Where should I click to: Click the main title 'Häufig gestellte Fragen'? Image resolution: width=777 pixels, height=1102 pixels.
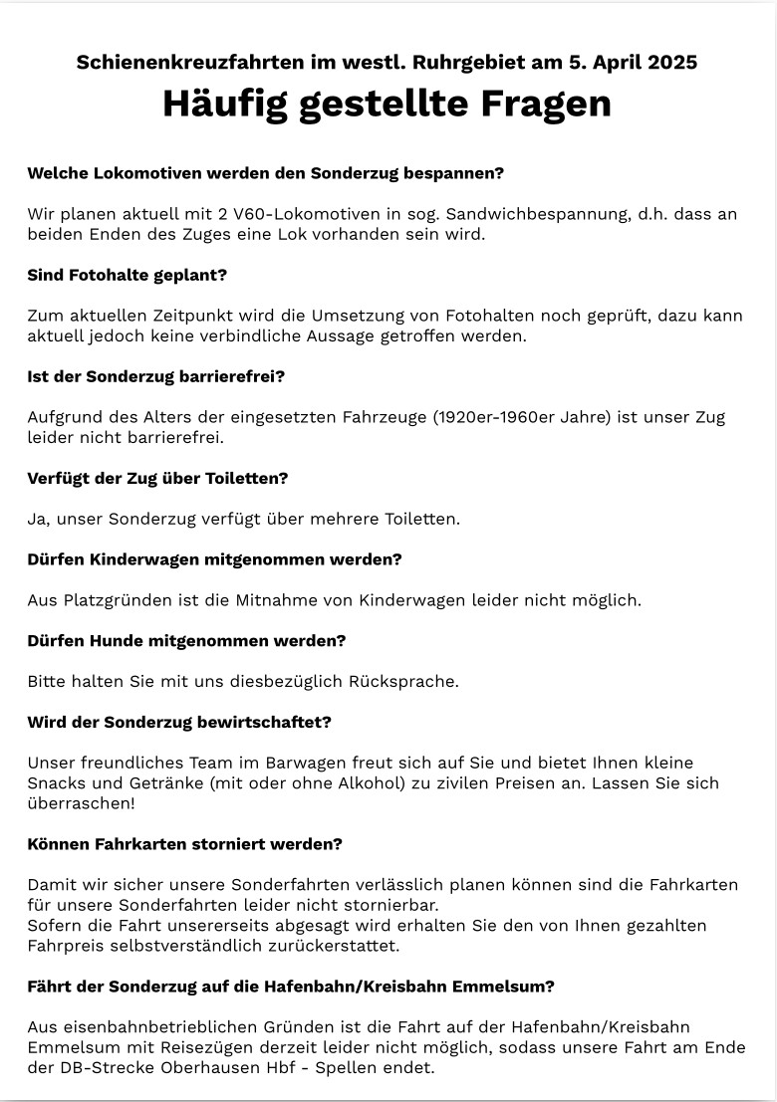tap(387, 104)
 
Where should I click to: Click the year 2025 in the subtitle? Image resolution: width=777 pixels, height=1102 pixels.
tap(672, 62)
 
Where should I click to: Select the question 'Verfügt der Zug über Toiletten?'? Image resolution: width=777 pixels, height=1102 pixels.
tap(157, 478)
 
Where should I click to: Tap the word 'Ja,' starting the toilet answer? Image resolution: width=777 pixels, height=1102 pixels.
tap(39, 519)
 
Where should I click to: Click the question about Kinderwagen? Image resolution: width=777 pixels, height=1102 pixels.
tap(214, 559)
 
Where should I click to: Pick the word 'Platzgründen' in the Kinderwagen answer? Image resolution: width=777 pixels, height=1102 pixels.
tap(118, 600)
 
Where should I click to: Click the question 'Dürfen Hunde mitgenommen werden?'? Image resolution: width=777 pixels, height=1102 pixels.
tap(186, 641)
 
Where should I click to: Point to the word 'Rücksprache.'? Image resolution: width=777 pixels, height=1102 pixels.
tap(402, 682)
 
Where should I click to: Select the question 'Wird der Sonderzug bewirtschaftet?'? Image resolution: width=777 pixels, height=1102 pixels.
tap(179, 722)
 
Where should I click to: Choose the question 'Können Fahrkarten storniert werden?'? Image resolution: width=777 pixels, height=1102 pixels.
tap(184, 844)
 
